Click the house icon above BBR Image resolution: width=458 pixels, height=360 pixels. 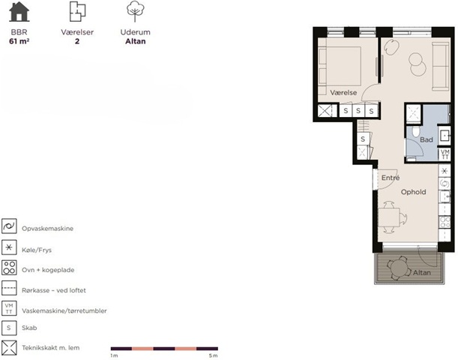19,12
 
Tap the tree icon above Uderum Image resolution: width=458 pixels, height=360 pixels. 135,11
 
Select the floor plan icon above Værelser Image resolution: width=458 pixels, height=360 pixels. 77,11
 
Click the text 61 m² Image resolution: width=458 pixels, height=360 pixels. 19,41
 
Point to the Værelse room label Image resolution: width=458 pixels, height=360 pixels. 343,93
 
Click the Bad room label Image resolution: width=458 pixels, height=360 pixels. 427,139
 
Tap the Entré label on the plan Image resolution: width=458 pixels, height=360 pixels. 391,177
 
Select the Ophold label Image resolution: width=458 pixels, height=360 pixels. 413,192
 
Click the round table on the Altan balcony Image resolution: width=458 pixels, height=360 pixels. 398,268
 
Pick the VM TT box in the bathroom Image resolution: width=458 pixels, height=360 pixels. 445,154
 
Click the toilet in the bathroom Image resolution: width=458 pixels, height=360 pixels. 415,131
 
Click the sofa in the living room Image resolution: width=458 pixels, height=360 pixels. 441,66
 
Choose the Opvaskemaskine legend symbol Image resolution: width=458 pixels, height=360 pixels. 9,226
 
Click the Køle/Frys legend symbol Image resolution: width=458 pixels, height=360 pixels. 9,247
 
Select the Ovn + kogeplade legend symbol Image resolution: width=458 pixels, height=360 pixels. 9,268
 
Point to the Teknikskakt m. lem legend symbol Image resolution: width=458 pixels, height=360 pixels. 9,348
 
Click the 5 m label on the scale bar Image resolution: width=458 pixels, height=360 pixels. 213,355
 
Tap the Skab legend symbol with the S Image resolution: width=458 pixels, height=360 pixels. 9,328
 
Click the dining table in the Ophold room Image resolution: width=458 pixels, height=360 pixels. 389,217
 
